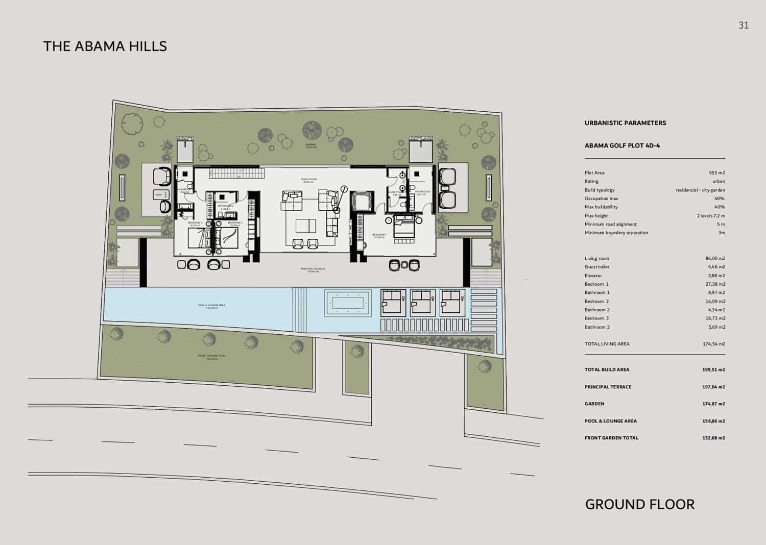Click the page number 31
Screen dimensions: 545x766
(743, 26)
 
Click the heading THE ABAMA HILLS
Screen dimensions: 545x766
(105, 46)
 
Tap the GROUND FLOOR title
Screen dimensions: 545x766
(639, 505)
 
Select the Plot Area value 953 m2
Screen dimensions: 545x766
(716, 173)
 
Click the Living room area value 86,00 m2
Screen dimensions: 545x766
(714, 259)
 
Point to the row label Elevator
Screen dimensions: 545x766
(593, 276)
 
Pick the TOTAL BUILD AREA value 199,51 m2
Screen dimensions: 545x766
(713, 370)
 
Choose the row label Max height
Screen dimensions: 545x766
(596, 216)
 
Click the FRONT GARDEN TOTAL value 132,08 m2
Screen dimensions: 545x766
(713, 438)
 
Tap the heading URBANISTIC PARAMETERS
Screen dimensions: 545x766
(625, 123)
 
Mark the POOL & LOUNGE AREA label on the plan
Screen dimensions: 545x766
(212, 306)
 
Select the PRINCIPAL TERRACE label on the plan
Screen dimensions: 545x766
(313, 270)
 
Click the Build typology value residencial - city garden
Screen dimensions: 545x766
(700, 190)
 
